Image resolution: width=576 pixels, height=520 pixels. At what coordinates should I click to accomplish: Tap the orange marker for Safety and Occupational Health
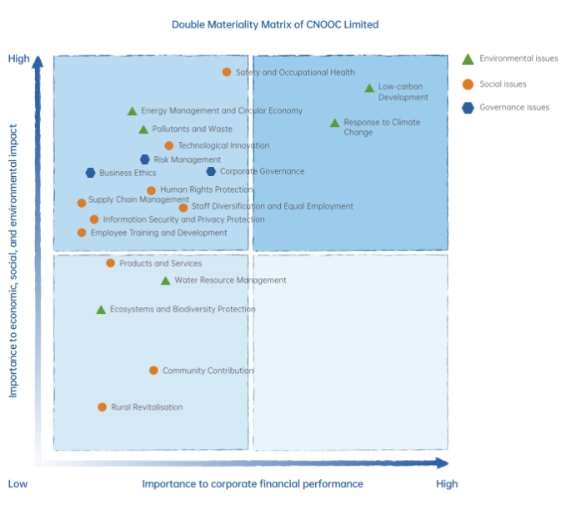tap(227, 73)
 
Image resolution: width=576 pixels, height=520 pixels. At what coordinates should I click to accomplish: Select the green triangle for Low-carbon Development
tap(369, 88)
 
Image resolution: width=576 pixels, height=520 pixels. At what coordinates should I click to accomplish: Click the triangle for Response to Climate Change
tap(335, 123)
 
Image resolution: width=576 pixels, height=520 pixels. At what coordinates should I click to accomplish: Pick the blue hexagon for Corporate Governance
tap(211, 172)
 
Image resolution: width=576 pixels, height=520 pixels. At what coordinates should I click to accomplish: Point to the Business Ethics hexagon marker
tap(91, 173)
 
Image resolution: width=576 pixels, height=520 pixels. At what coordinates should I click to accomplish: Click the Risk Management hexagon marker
tap(145, 159)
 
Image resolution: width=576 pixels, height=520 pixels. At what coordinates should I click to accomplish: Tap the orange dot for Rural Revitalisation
tap(103, 407)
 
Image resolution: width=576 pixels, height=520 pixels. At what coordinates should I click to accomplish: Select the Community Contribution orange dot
tap(153, 371)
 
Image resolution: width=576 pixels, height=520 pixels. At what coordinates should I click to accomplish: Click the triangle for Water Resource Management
tap(166, 281)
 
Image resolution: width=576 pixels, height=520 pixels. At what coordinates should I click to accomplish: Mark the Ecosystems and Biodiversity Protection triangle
tap(101, 310)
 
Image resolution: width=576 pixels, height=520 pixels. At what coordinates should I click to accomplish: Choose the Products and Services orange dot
tap(110, 264)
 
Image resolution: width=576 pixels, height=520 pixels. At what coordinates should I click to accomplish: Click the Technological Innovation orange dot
tap(169, 146)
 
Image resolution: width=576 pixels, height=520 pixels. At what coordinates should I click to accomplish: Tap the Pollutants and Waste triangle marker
tap(143, 129)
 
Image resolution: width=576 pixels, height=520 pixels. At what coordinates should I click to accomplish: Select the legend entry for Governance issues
tap(514, 107)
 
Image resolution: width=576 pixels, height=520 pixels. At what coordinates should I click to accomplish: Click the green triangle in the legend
tap(468, 59)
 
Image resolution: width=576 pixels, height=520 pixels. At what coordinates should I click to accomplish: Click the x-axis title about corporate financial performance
tap(253, 484)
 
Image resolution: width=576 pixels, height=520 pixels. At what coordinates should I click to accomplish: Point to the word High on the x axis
tap(447, 484)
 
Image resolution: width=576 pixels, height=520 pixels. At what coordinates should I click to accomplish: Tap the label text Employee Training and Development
tap(158, 233)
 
